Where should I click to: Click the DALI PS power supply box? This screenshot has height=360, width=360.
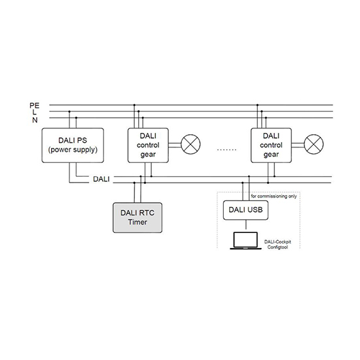click(73, 145)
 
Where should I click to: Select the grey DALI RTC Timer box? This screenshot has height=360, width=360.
click(137, 218)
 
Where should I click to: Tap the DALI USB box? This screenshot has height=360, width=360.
click(245, 210)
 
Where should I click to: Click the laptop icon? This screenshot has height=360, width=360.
click(245, 241)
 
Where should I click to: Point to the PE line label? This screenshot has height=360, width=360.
click(35, 105)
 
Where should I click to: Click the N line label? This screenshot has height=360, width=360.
click(35, 120)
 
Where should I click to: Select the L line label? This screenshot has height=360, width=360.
click(35, 113)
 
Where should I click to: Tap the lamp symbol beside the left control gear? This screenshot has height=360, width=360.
click(190, 144)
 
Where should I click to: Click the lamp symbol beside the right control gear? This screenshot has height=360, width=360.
click(314, 144)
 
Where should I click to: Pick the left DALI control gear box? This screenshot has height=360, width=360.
click(148, 145)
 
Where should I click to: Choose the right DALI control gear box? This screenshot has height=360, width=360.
click(271, 145)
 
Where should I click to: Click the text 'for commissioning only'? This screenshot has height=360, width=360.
click(274, 196)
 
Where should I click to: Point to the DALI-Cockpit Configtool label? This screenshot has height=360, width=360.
click(278, 245)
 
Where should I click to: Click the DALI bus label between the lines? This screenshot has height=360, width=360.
click(101, 179)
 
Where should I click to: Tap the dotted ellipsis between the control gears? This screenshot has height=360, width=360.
click(226, 150)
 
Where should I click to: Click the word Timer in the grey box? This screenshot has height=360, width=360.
click(137, 222)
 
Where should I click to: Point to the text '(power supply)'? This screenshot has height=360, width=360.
click(73, 150)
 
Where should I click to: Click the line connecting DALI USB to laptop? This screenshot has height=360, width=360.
click(246, 225)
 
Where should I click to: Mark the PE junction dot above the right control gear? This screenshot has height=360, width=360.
click(257, 105)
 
